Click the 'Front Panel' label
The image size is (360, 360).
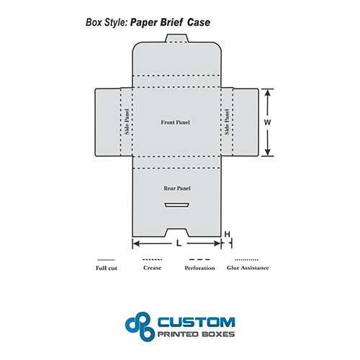(175, 122)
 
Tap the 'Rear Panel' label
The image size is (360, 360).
(177, 189)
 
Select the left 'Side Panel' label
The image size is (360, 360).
(127, 122)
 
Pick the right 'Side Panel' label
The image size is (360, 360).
(227, 122)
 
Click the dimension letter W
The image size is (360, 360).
(267, 122)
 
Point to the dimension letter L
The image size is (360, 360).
(179, 243)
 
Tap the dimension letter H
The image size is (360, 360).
(227, 234)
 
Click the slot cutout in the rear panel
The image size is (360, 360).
(177, 205)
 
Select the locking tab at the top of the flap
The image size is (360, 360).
(176, 38)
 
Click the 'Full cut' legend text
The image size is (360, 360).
(107, 268)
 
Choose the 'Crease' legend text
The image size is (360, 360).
(152, 268)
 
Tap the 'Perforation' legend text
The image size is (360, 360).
(199, 268)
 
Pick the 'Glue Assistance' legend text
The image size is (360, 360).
(248, 268)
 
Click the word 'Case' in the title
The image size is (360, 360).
(199, 22)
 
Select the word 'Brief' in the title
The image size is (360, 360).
(171, 22)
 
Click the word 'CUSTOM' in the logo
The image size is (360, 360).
(197, 323)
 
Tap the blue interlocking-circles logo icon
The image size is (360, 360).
(140, 327)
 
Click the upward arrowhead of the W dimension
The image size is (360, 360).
(268, 93)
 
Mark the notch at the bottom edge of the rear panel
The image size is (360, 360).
(177, 233)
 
